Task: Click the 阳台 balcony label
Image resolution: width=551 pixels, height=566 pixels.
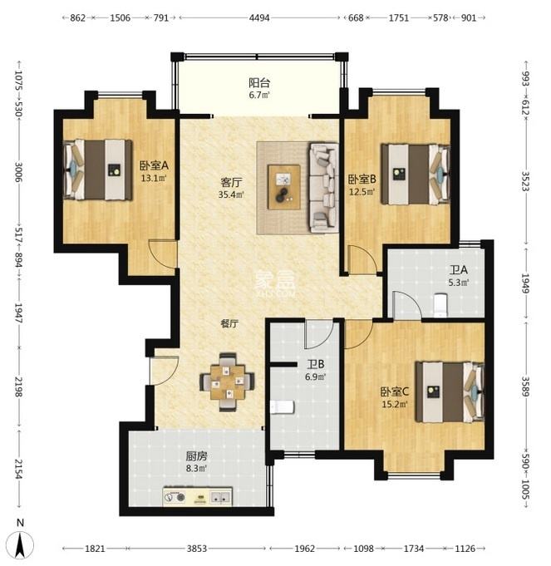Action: (x=259, y=82)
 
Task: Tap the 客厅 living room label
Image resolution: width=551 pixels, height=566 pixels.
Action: (x=230, y=184)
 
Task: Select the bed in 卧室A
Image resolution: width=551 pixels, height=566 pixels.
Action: (x=98, y=170)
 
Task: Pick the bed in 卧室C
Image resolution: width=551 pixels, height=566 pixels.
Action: (x=450, y=391)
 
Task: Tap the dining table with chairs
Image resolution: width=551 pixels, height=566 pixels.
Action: (x=227, y=382)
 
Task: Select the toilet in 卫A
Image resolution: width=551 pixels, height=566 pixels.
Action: (x=440, y=306)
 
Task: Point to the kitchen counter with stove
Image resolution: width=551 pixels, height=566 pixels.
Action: (x=197, y=497)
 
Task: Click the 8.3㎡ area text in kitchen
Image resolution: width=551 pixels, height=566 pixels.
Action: (x=197, y=469)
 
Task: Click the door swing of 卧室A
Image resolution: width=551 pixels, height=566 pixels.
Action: (x=163, y=254)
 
